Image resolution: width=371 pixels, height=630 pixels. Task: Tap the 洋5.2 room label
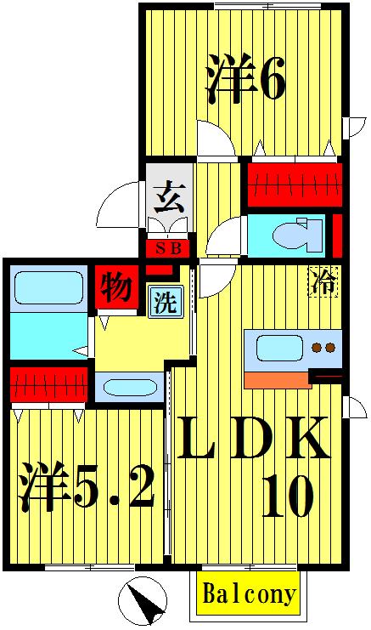tap(87, 485)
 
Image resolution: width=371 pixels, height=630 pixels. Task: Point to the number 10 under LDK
tap(287, 497)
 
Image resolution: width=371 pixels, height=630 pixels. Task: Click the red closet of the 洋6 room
tap(294, 183)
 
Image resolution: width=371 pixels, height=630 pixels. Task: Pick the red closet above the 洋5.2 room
tap(48, 384)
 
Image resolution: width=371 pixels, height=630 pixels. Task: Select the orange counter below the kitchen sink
tap(277, 379)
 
